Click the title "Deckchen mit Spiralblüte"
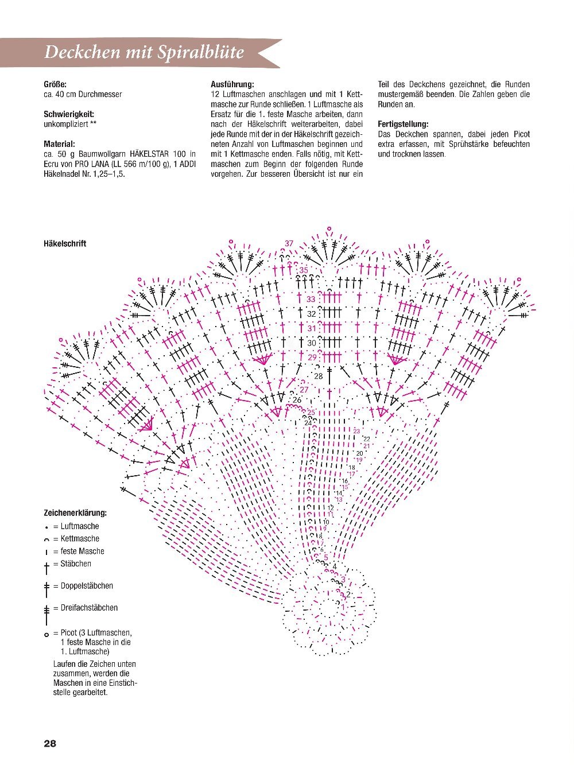pyautogui.click(x=144, y=52)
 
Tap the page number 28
pyautogui.click(x=50, y=743)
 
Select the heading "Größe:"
pyautogui.click(x=55, y=84)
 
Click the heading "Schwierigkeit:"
pyautogui.click(x=69, y=114)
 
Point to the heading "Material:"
pyautogui.click(x=59, y=144)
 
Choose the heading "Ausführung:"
pyautogui.click(x=232, y=84)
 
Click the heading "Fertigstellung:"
pyautogui.click(x=403, y=124)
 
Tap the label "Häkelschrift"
pyautogui.click(x=65, y=243)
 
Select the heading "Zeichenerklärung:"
pyautogui.click(x=75, y=513)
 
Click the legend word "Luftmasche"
pyautogui.click(x=80, y=526)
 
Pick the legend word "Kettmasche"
pyautogui.click(x=80, y=539)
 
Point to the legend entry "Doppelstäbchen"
pyautogui.click(x=87, y=586)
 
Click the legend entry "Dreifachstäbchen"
pyautogui.click(x=89, y=608)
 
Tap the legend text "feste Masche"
pyautogui.click(x=83, y=552)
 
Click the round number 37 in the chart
pyautogui.click(x=289, y=243)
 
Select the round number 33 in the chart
pyautogui.click(x=311, y=299)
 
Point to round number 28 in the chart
pyautogui.click(x=318, y=376)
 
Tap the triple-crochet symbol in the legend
pyautogui.click(x=46, y=612)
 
